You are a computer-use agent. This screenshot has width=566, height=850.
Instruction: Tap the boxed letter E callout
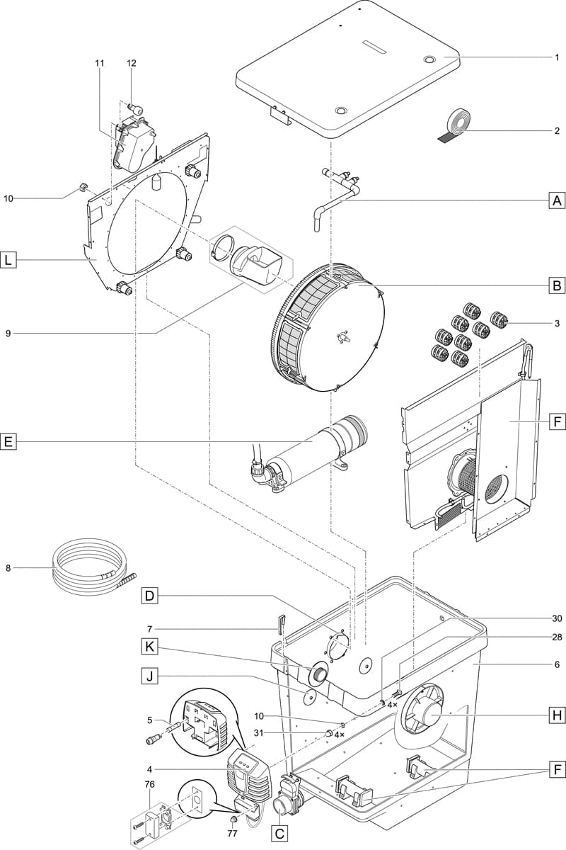tap(8, 442)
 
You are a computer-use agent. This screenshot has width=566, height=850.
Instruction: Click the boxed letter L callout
tap(8, 261)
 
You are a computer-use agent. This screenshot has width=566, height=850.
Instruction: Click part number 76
tap(149, 784)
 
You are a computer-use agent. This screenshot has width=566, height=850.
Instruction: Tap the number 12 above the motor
tap(131, 63)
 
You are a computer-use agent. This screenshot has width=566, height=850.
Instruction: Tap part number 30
tap(557, 618)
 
